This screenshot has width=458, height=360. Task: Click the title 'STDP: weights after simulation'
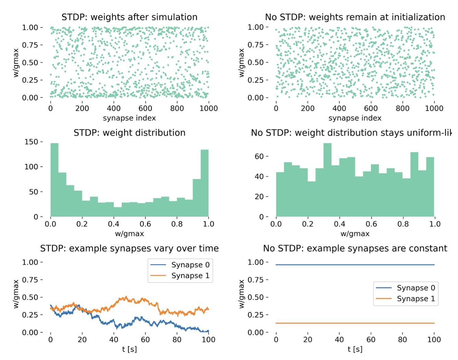tap(129, 17)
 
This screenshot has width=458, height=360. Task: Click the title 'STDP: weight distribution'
tap(129, 133)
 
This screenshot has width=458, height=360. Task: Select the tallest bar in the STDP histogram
tap(55, 180)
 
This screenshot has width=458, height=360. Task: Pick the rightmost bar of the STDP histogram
tap(205, 183)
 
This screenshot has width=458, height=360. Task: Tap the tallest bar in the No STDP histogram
tap(327, 180)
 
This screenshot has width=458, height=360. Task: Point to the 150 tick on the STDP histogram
tap(34, 142)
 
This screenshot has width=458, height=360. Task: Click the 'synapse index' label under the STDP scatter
tap(129, 118)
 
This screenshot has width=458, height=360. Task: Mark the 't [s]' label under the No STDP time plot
tap(355, 349)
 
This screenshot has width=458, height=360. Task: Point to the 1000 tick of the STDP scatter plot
tap(208, 108)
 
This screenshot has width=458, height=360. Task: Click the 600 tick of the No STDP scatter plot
tap(371, 108)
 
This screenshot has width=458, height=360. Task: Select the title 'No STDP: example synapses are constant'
tap(355, 248)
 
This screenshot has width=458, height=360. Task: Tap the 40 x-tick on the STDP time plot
tap(114, 340)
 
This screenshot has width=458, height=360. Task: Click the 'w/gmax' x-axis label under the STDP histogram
tap(129, 234)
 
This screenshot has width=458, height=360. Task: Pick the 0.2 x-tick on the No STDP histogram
tap(308, 224)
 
